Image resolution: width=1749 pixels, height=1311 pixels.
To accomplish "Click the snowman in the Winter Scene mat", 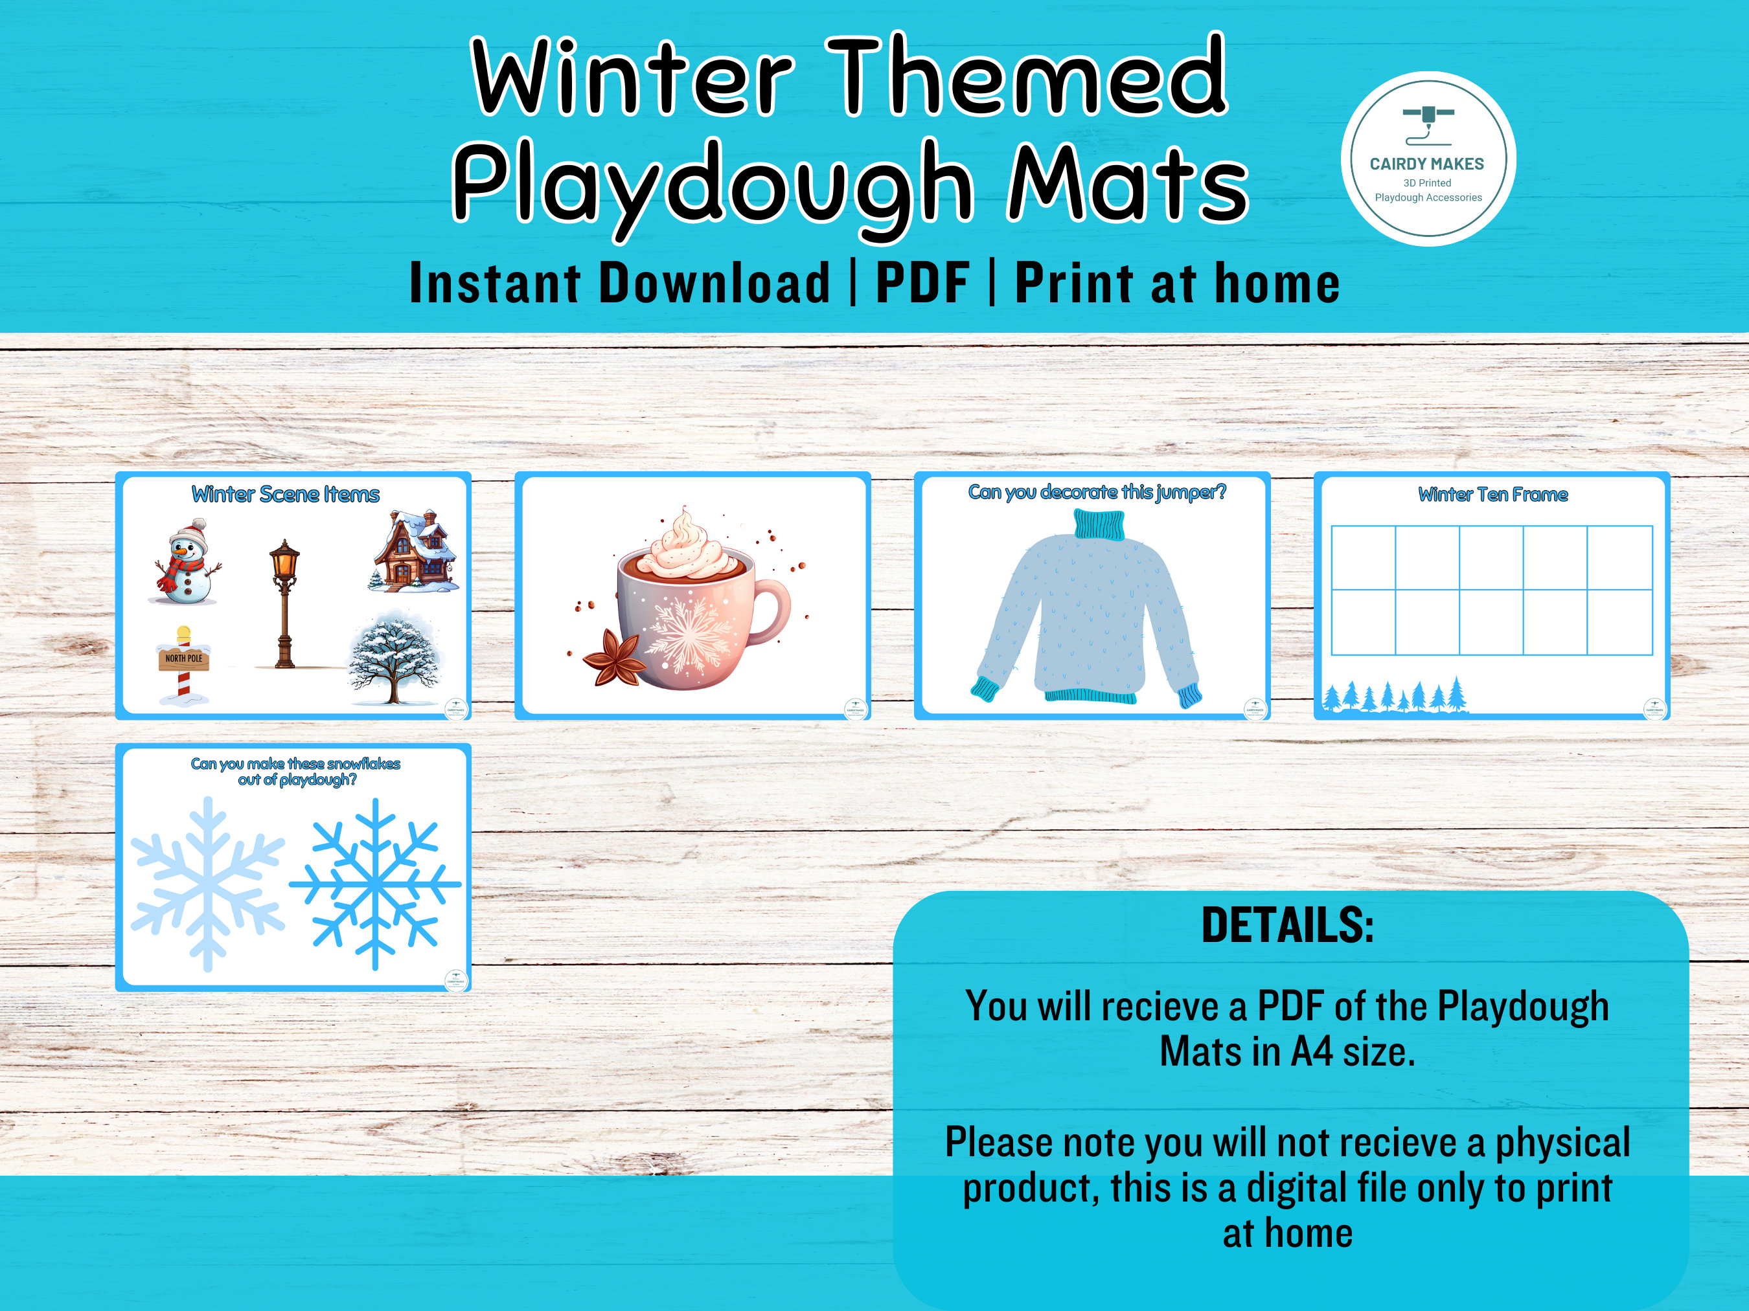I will [x=186, y=563].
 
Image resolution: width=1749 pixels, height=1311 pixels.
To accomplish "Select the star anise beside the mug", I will [x=613, y=658].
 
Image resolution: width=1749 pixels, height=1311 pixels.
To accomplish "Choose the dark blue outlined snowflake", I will [x=375, y=884].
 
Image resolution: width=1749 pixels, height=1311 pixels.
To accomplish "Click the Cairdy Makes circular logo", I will [x=1428, y=159].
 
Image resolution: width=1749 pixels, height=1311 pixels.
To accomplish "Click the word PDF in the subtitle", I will [x=922, y=283].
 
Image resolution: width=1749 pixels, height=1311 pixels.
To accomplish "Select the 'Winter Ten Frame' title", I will [x=1493, y=495].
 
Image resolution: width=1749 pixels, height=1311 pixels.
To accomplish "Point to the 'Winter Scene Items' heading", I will [x=286, y=495].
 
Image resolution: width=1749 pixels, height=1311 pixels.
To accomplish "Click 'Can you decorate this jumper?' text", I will [x=1097, y=492].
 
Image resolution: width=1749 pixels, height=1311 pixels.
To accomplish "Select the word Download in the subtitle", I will [x=714, y=283].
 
